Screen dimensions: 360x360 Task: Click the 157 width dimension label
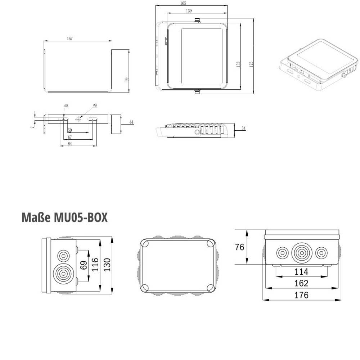(70, 39)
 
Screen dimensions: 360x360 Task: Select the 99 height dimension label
(126, 80)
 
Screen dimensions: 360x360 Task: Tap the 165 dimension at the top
(183, 3)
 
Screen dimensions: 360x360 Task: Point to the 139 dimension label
(189, 11)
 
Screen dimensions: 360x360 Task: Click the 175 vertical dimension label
(251, 64)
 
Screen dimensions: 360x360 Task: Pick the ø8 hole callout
(66, 106)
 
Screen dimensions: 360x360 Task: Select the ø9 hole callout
(95, 105)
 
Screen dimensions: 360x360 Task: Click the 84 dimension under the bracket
(70, 144)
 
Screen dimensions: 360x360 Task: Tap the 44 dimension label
(131, 122)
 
